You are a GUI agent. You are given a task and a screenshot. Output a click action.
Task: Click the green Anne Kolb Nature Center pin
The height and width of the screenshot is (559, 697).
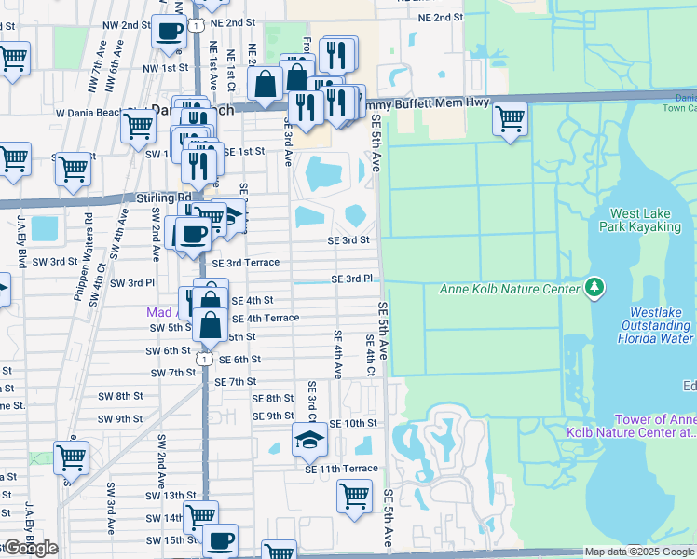click(x=593, y=288)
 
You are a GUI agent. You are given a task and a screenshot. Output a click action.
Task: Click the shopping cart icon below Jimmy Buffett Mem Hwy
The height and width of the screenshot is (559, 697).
click(x=510, y=119)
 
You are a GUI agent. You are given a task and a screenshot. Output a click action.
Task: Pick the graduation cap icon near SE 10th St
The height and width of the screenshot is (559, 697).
click(x=309, y=439)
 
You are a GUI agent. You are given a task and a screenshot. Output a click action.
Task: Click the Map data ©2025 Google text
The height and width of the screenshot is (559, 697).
click(x=639, y=552)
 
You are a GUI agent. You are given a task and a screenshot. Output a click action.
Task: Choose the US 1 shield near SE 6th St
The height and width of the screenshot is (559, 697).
click(x=202, y=358)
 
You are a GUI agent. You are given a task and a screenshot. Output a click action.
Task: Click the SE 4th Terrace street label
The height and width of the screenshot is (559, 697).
click(x=266, y=318)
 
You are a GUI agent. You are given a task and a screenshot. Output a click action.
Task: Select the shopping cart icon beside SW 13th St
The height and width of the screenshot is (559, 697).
click(x=199, y=515)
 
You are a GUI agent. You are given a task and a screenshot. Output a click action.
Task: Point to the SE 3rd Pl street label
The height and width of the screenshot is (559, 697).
click(x=352, y=279)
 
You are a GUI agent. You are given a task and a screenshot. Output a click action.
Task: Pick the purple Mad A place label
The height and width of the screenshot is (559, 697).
click(x=164, y=312)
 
